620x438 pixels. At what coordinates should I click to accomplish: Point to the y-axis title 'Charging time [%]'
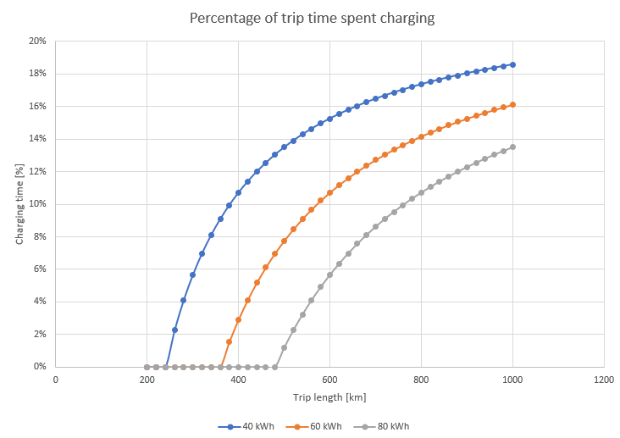tap(19, 204)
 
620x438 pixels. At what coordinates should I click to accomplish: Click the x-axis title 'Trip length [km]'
tap(329, 396)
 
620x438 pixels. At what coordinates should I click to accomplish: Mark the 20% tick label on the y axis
tap(37, 41)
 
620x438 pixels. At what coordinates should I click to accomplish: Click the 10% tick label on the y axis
tap(37, 204)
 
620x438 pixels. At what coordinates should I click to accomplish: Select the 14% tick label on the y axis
tap(37, 139)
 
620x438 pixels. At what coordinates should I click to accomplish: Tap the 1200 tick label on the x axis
tap(604, 380)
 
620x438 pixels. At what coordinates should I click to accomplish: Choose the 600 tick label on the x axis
tap(329, 380)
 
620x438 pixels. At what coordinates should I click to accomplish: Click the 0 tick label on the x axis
tap(55, 380)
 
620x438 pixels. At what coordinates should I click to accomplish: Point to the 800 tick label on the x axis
tap(421, 380)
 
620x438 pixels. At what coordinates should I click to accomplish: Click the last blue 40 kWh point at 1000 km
tap(512, 64)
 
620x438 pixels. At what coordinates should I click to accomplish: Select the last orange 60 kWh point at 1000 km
tap(512, 105)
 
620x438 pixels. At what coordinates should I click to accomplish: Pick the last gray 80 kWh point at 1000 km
tap(512, 147)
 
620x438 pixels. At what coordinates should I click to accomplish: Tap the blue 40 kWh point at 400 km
tap(238, 192)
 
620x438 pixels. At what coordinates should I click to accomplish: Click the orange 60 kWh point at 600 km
tap(329, 192)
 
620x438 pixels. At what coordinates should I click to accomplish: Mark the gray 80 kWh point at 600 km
tap(329, 274)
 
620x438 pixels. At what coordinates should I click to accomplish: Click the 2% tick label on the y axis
tap(39, 335)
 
